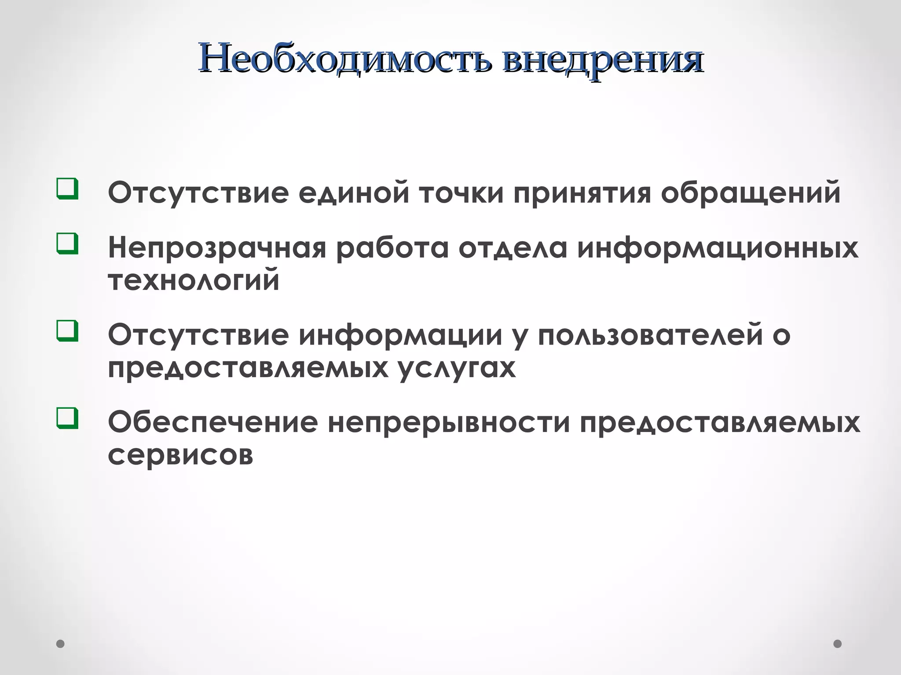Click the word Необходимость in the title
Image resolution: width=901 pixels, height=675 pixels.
345,58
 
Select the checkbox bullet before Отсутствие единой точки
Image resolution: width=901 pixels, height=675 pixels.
67,189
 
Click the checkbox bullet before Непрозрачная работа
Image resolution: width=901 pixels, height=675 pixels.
67,244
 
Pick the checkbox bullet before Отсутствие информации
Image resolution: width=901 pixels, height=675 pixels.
67,331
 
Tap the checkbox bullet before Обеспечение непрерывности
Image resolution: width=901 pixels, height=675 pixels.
67,418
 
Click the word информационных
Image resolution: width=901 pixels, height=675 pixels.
718,248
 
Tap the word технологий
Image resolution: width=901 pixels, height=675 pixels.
194,280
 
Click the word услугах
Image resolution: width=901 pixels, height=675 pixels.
458,368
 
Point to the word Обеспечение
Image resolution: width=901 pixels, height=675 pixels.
213,422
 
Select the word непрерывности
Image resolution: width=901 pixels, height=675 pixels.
448,422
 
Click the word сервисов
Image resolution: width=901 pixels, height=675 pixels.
180,455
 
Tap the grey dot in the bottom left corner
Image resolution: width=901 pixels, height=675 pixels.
61,644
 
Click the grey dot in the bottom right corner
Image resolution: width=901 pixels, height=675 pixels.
838,644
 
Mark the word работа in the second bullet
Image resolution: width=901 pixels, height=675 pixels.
392,248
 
